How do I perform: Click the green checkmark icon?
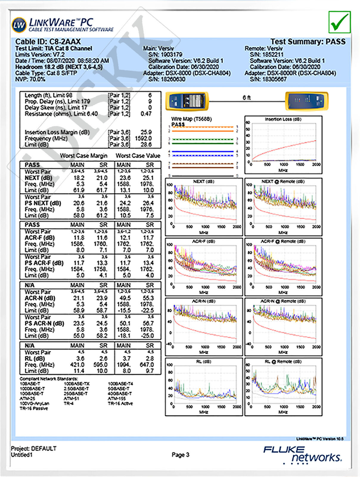(x=339, y=22)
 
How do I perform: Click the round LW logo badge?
(x=19, y=25)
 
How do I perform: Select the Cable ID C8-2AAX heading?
(x=48, y=42)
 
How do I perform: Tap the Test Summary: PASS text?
(x=308, y=42)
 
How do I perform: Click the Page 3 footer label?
(x=180, y=455)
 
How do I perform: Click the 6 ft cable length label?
(x=246, y=97)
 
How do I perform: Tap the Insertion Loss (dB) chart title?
(x=283, y=119)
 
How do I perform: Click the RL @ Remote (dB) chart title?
(x=283, y=362)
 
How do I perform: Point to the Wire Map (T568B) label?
(x=191, y=119)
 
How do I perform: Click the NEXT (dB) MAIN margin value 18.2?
(x=79, y=178)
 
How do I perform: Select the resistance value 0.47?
(x=146, y=114)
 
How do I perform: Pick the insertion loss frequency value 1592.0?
(x=143, y=138)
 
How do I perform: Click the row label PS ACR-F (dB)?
(x=44, y=263)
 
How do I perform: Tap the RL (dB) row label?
(x=35, y=358)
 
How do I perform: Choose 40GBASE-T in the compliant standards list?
(x=120, y=394)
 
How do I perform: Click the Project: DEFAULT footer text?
(x=34, y=448)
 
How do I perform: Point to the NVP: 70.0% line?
(x=30, y=79)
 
